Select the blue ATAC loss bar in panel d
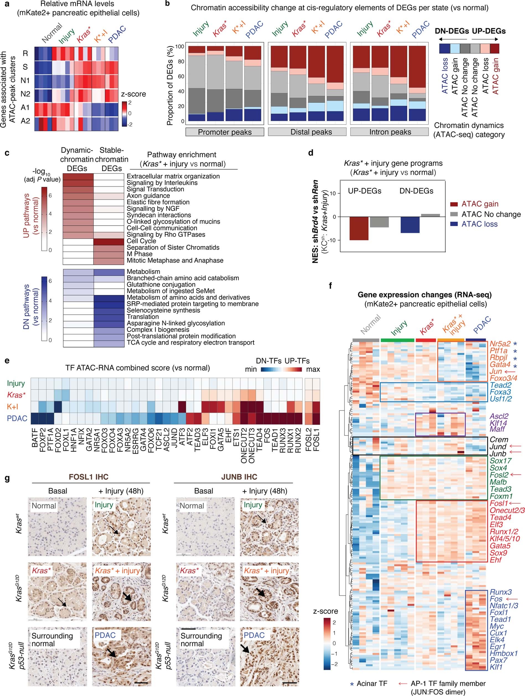click(x=410, y=225)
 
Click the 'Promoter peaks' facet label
click(x=225, y=132)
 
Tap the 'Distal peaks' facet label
click(x=311, y=132)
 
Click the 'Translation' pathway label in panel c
click(x=143, y=316)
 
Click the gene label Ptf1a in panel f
click(x=498, y=350)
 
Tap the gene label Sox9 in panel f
click(x=498, y=553)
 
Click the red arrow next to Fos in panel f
click(x=513, y=599)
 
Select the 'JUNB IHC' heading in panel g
click(x=239, y=477)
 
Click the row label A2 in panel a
click(x=25, y=120)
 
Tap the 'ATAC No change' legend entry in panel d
click(x=491, y=214)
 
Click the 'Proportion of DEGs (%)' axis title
click(x=170, y=85)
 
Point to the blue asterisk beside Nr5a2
click(x=515, y=344)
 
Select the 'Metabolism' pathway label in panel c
click(x=143, y=271)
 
